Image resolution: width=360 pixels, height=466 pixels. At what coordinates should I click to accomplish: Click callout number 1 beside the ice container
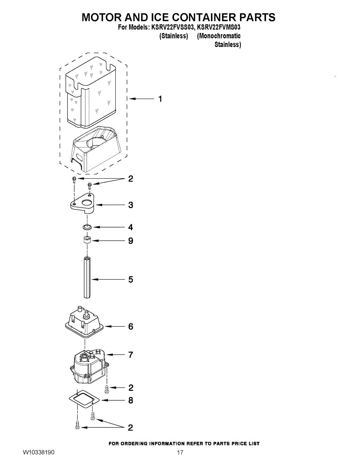160,99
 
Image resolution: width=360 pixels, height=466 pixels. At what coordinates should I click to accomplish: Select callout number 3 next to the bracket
130,205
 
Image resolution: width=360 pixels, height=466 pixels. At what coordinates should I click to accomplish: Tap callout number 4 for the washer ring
130,227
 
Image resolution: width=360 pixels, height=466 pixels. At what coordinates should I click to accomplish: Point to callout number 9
130,241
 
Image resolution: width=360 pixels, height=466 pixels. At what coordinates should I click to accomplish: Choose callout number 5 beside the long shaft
130,279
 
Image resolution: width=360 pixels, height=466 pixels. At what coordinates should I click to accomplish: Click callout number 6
130,327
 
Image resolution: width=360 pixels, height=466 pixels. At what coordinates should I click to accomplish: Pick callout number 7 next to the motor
130,355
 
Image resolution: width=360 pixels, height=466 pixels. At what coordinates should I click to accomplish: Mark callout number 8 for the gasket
130,400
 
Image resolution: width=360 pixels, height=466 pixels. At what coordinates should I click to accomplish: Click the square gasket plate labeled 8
84,400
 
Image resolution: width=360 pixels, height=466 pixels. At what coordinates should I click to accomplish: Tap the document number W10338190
38,453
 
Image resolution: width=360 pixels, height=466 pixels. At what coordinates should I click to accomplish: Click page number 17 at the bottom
180,453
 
